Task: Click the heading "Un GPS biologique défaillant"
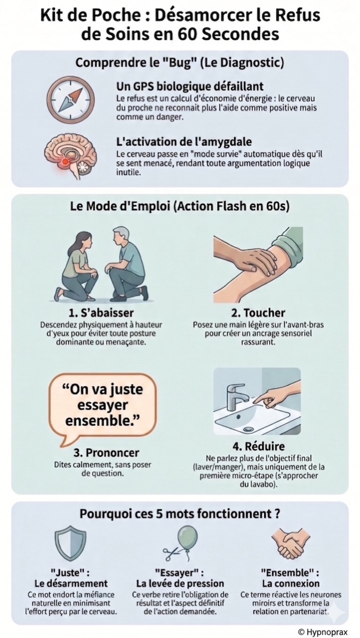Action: coord(189,86)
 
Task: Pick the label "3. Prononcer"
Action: coord(106,453)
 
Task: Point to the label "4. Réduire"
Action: coord(258,446)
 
